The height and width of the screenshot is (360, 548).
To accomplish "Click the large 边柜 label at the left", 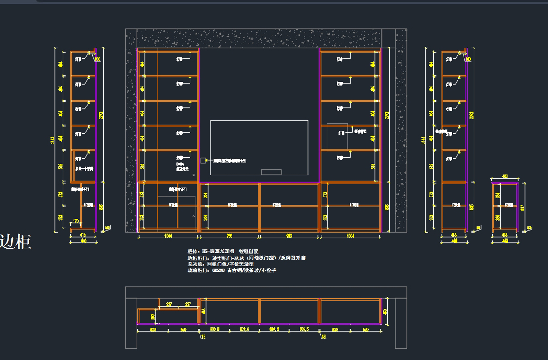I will coord(16,242).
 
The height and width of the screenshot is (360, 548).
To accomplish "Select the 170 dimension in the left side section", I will coord(76,222).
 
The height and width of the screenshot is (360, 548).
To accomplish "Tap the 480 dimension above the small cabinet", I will coord(505,176).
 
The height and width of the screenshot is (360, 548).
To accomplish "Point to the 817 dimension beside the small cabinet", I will coord(522,207).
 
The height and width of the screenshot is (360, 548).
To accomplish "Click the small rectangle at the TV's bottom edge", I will coord(271,172).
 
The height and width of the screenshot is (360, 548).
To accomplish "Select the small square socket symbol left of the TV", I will coord(203,160).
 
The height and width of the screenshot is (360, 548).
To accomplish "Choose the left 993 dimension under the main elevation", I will coord(229,236).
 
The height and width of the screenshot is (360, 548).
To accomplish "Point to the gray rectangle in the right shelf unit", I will coord(337,136).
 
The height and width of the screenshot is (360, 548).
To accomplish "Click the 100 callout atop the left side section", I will coord(97,59).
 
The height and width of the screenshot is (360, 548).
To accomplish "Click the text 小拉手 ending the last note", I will coord(269,270).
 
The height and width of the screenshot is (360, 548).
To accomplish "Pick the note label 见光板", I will coord(194,264).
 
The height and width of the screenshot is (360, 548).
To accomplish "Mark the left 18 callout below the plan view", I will coord(202,337).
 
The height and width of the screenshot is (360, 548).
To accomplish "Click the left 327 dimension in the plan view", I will coord(169,304).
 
